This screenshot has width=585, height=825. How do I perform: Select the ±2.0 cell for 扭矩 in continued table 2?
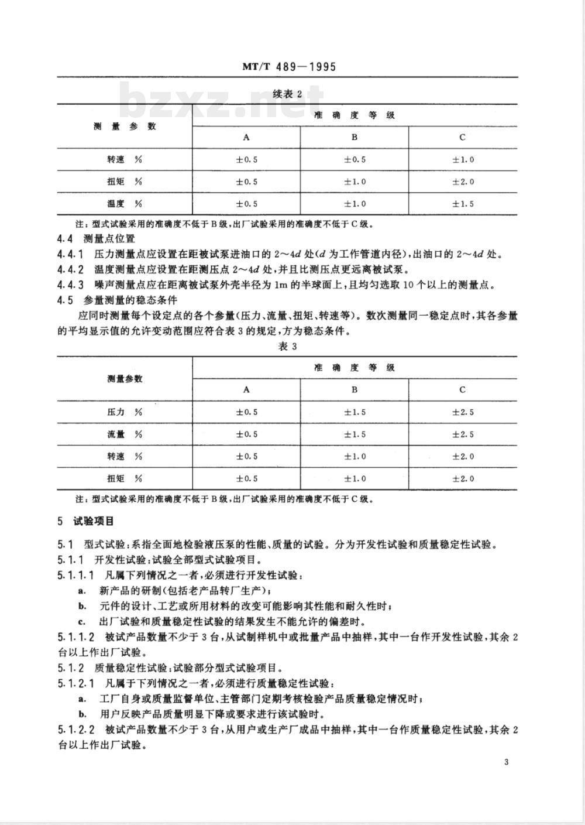[x=462, y=182]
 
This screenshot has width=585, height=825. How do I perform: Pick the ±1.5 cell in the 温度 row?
[x=462, y=204]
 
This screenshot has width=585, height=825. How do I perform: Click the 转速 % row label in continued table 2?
[x=124, y=159]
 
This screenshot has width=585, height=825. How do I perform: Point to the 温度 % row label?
[x=124, y=204]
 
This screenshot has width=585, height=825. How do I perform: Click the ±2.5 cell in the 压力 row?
[x=462, y=412]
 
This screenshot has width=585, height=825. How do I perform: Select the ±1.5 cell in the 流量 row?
[x=355, y=434]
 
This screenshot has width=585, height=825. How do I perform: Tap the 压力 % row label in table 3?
[x=124, y=412]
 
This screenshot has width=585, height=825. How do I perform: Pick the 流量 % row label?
[x=124, y=434]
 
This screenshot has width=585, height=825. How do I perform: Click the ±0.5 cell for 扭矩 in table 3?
[x=246, y=478]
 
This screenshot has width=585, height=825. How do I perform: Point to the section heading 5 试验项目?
[x=85, y=521]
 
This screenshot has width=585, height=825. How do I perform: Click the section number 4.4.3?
[x=71, y=285]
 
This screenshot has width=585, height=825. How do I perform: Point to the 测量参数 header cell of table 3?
[x=124, y=379]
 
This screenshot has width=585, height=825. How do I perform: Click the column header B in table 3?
[x=355, y=389]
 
